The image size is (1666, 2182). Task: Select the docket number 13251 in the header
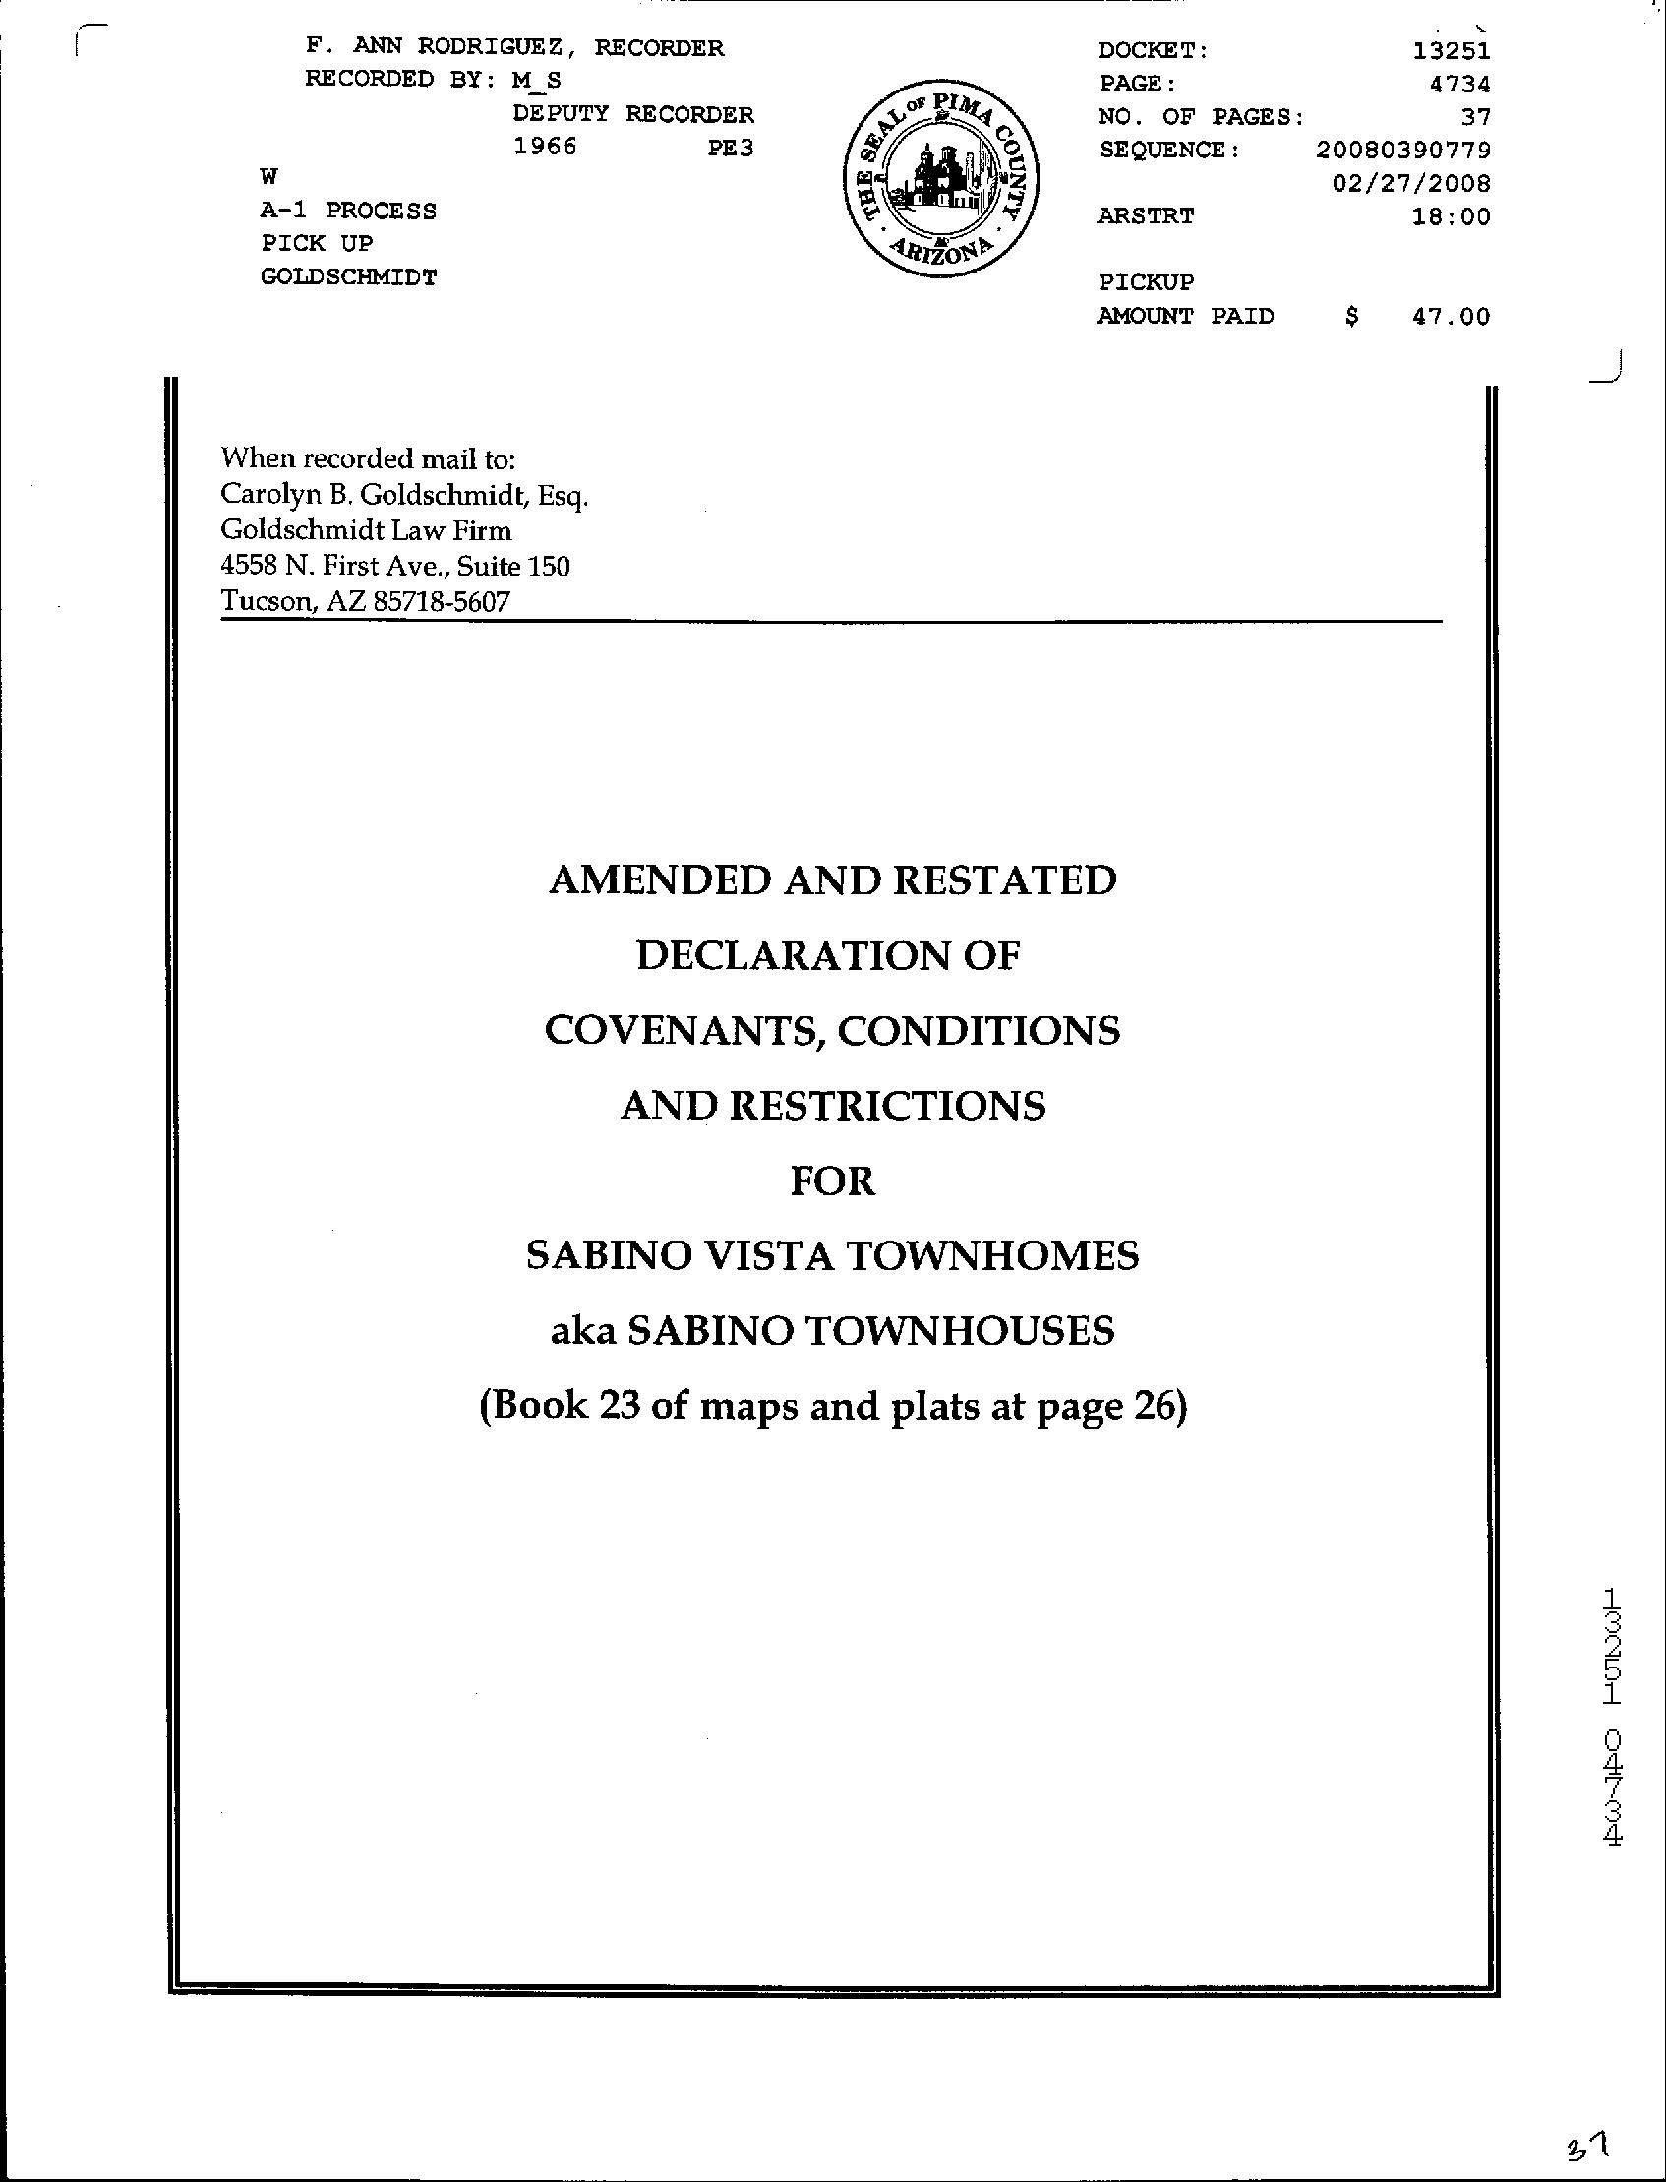coord(1452,50)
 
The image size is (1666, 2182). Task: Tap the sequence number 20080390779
coord(1403,150)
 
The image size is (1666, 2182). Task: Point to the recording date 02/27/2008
coord(1412,184)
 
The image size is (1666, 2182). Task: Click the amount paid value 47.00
coord(1451,317)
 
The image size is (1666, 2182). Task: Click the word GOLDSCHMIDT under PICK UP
coord(348,276)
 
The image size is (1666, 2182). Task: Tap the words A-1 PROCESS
coord(348,211)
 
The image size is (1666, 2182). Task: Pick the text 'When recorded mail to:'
coord(368,458)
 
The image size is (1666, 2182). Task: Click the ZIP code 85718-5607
coord(442,601)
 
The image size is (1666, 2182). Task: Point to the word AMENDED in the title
coord(659,879)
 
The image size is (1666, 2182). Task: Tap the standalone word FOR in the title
coord(833,1182)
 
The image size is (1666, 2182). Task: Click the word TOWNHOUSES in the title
coord(959,1331)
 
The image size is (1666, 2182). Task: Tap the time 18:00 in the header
coord(1451,216)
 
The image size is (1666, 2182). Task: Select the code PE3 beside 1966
coord(730,148)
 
